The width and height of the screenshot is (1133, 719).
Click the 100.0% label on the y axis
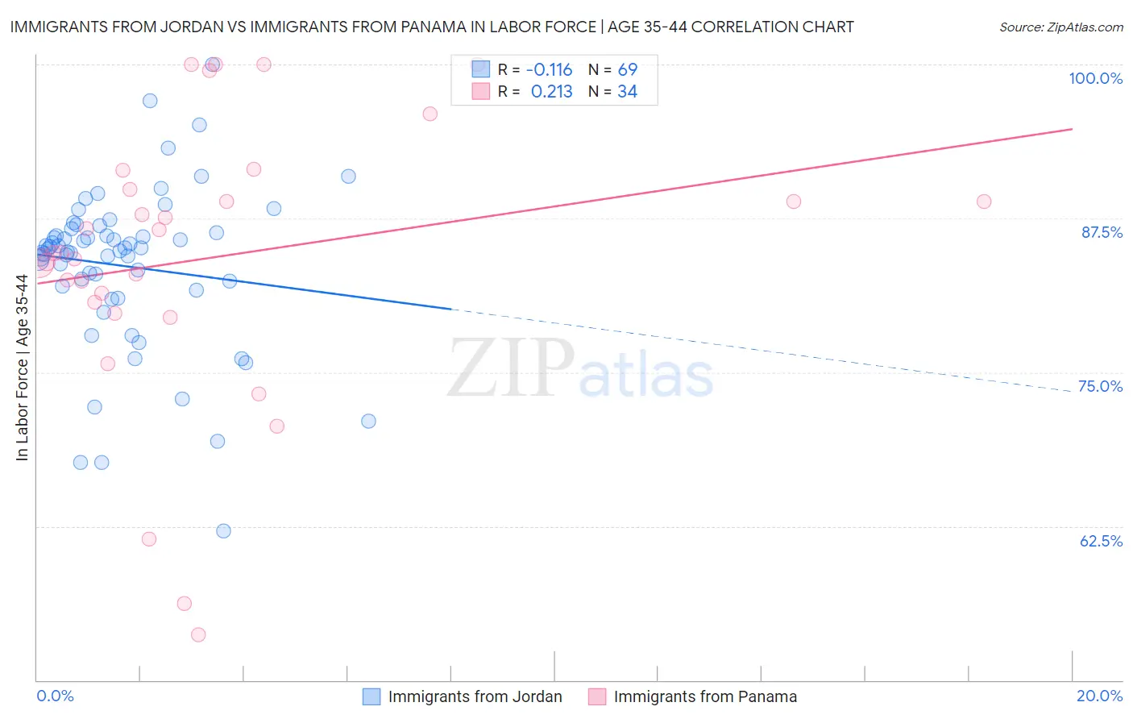click(x=1095, y=78)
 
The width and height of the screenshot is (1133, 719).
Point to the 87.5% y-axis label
click(x=1101, y=232)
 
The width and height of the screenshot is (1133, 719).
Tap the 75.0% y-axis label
click(x=1100, y=386)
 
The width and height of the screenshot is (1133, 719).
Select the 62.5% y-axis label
click(x=1101, y=541)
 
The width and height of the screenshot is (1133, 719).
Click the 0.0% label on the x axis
click(x=55, y=696)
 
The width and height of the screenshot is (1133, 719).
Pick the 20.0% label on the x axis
click(x=1099, y=696)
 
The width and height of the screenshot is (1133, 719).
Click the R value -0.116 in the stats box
click(x=549, y=69)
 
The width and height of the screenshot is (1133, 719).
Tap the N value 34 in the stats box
click(x=627, y=92)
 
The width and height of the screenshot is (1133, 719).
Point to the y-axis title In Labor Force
click(x=22, y=368)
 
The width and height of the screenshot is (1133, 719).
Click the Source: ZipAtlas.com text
click(x=1060, y=27)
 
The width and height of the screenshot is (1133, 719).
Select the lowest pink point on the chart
click(x=198, y=634)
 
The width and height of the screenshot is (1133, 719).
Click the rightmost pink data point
click(x=984, y=202)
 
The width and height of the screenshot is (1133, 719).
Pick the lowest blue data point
click(x=224, y=530)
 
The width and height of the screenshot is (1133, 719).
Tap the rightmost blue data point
click(x=368, y=421)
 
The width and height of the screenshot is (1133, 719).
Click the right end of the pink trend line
click(x=1072, y=129)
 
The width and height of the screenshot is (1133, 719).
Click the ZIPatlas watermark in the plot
click(x=580, y=368)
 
